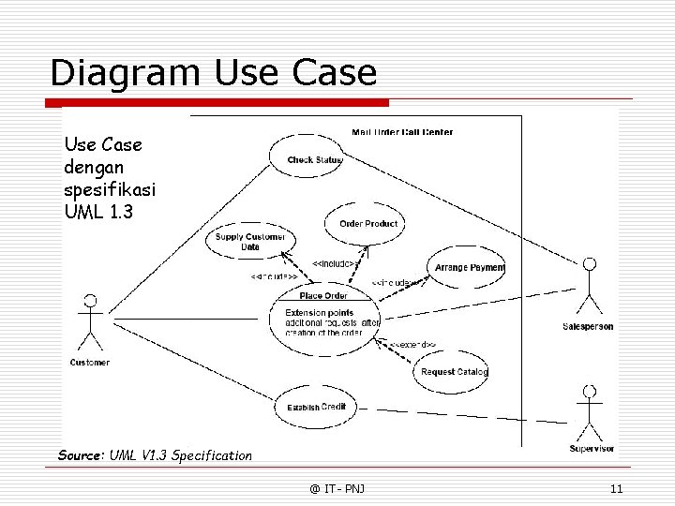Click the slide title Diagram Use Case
[x=214, y=72]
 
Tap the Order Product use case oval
[x=367, y=223]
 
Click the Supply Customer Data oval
[x=248, y=242]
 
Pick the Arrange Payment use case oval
[x=468, y=267]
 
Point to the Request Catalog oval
[x=453, y=372]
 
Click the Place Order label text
[x=323, y=296]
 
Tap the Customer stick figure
[x=90, y=323]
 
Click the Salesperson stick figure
[x=589, y=286]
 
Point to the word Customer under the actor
[x=90, y=363]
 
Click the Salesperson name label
[x=588, y=326]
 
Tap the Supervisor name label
[x=591, y=449]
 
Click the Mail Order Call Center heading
[x=402, y=132]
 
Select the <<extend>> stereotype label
[x=413, y=345]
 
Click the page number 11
[x=616, y=488]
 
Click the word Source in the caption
[x=81, y=455]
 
